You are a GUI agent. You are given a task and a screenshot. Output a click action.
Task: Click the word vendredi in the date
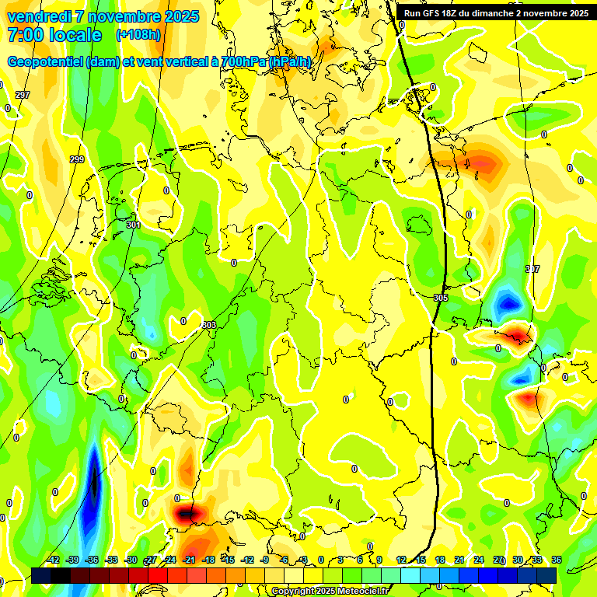point(35,16)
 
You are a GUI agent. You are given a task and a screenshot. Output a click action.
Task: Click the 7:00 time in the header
point(23,35)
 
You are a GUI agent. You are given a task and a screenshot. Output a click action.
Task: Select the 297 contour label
point(23,95)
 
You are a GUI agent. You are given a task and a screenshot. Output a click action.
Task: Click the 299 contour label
point(77,159)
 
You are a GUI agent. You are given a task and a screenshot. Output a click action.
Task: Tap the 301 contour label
point(134,225)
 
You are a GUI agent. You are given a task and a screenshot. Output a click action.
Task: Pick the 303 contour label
point(208,325)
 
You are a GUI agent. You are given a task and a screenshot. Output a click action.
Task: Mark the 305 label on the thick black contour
point(441,298)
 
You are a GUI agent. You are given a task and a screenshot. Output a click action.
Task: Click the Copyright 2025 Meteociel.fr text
point(330,592)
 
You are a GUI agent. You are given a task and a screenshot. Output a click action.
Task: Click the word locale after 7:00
point(75,35)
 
